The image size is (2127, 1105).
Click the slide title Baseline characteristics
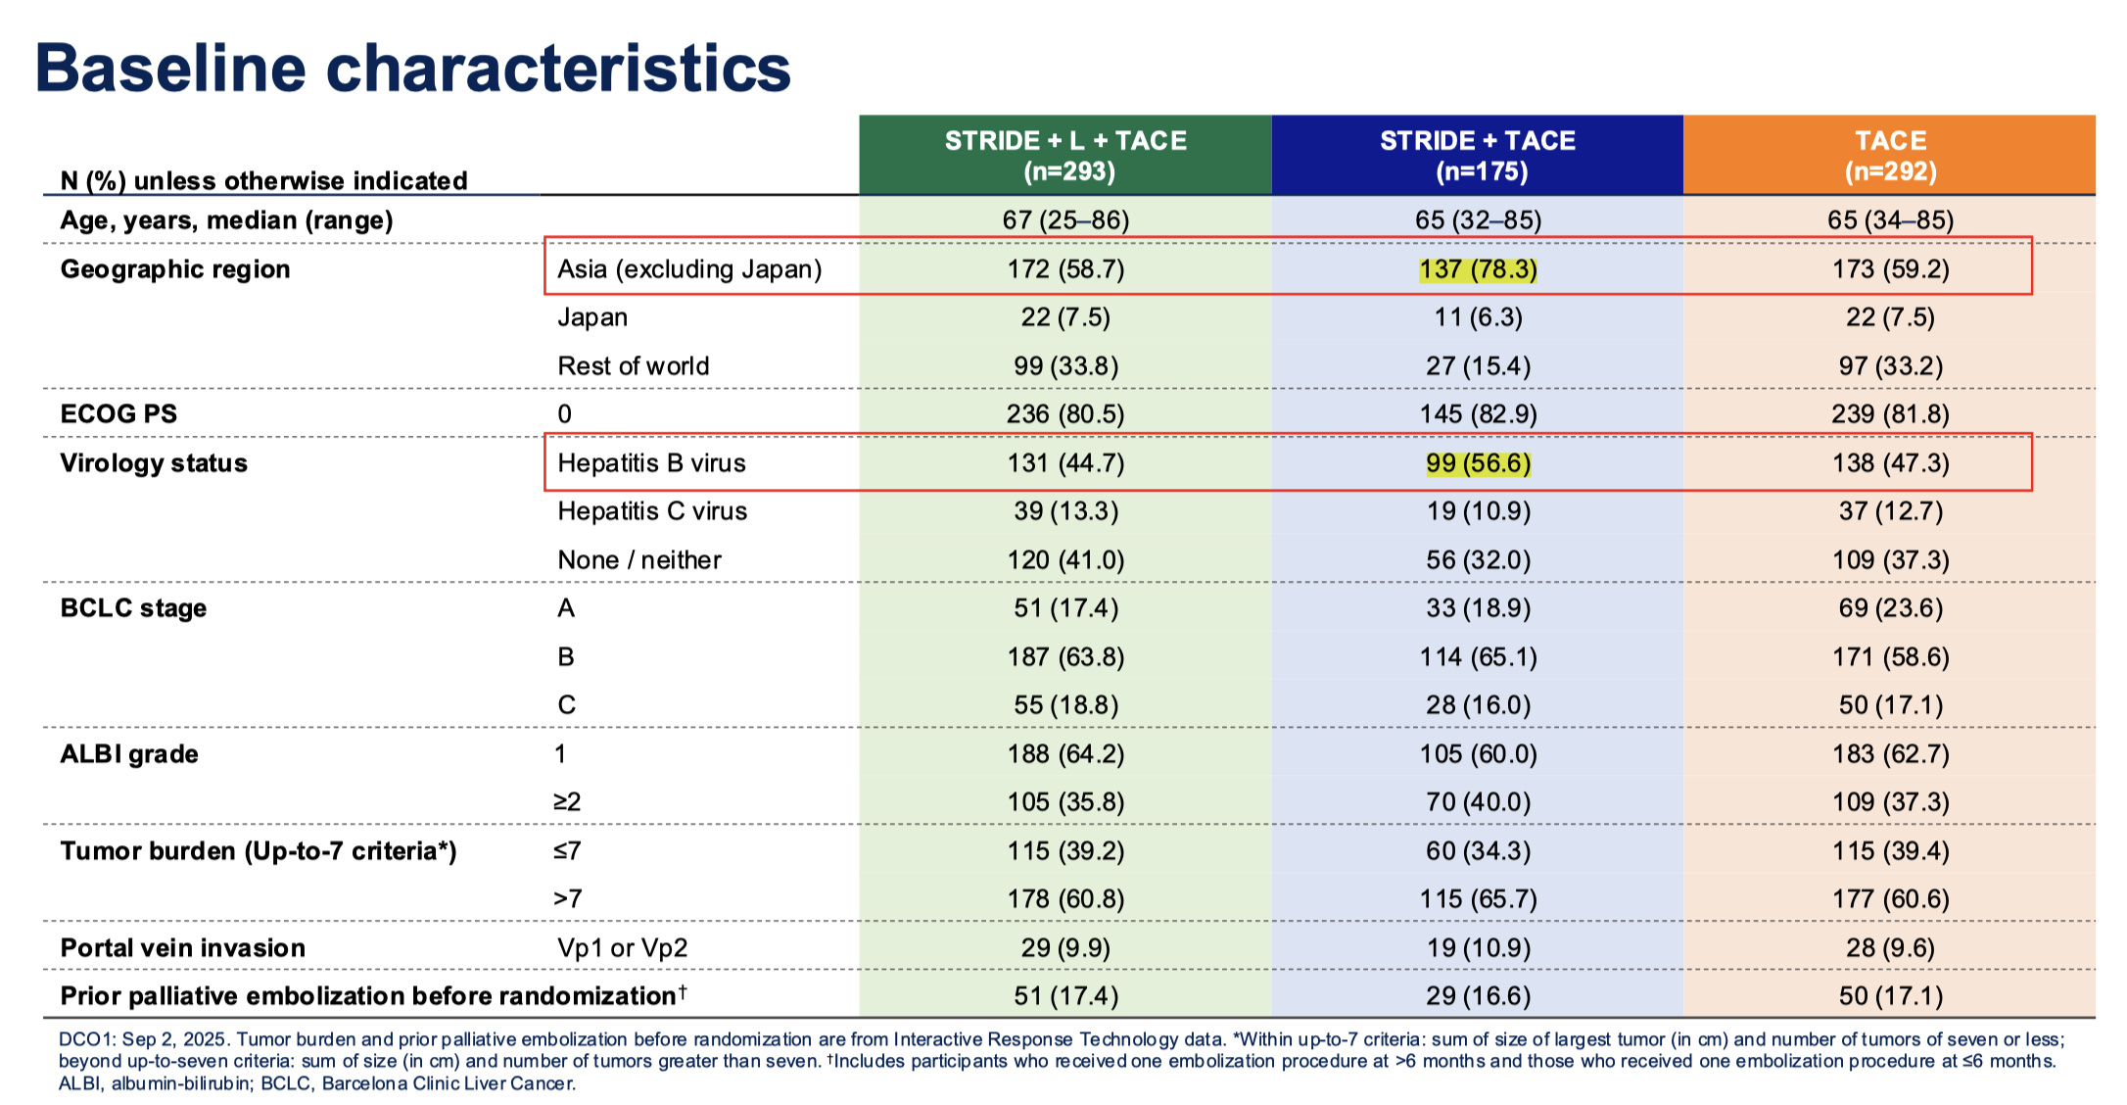coord(412,69)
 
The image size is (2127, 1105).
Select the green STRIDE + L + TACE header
coord(1065,155)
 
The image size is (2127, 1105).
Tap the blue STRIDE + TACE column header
coord(1478,155)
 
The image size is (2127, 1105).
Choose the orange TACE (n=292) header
coord(1890,155)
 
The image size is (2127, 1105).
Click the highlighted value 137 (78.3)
coord(1479,269)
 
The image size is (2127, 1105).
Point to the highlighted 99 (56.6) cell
coord(1479,463)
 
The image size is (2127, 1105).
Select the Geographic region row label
coord(175,269)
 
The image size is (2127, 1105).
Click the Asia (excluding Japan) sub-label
coord(689,269)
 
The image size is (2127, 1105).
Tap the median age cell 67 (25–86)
coord(1065,220)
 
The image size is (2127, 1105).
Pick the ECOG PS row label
coord(118,414)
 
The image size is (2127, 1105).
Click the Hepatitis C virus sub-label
coord(652,511)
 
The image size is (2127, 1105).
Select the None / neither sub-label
coord(639,560)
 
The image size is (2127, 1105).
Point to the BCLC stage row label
coord(133,608)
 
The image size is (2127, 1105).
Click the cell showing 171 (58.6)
coord(1890,657)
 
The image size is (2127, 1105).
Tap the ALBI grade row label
coord(129,754)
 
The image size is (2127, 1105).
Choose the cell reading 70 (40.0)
coord(1479,802)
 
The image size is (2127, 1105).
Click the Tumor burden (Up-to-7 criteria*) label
coord(259,851)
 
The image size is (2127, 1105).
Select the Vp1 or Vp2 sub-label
coord(623,948)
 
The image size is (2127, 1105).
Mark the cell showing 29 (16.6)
coord(1479,996)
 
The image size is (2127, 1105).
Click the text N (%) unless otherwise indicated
coord(264,181)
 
